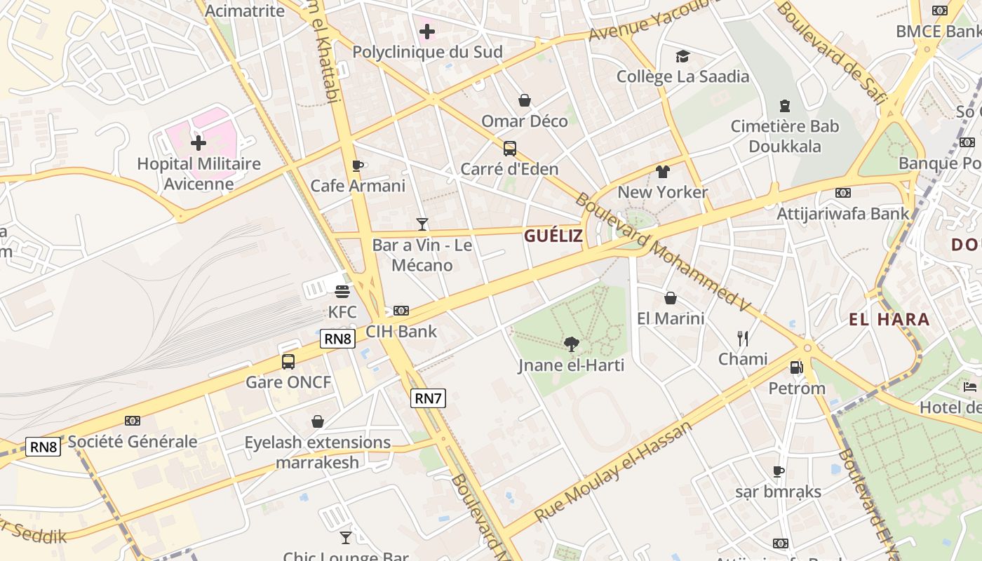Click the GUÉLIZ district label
point(553,236)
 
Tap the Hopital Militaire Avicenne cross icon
point(199,143)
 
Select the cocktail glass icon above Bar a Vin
point(422,224)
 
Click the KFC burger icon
point(342,291)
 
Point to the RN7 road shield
point(428,398)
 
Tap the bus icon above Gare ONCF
point(288,362)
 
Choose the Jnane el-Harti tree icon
point(572,344)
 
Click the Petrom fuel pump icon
point(796,367)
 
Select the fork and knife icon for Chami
point(743,339)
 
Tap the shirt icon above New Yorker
point(663,171)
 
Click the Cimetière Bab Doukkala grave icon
point(785,106)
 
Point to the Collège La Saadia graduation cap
point(682,56)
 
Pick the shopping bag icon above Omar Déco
point(524,101)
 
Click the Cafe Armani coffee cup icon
point(357,165)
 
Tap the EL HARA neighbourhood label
point(889,320)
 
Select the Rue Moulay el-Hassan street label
point(613,471)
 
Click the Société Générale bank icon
point(132,421)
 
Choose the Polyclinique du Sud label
point(427,52)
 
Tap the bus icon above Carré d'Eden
point(510,149)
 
